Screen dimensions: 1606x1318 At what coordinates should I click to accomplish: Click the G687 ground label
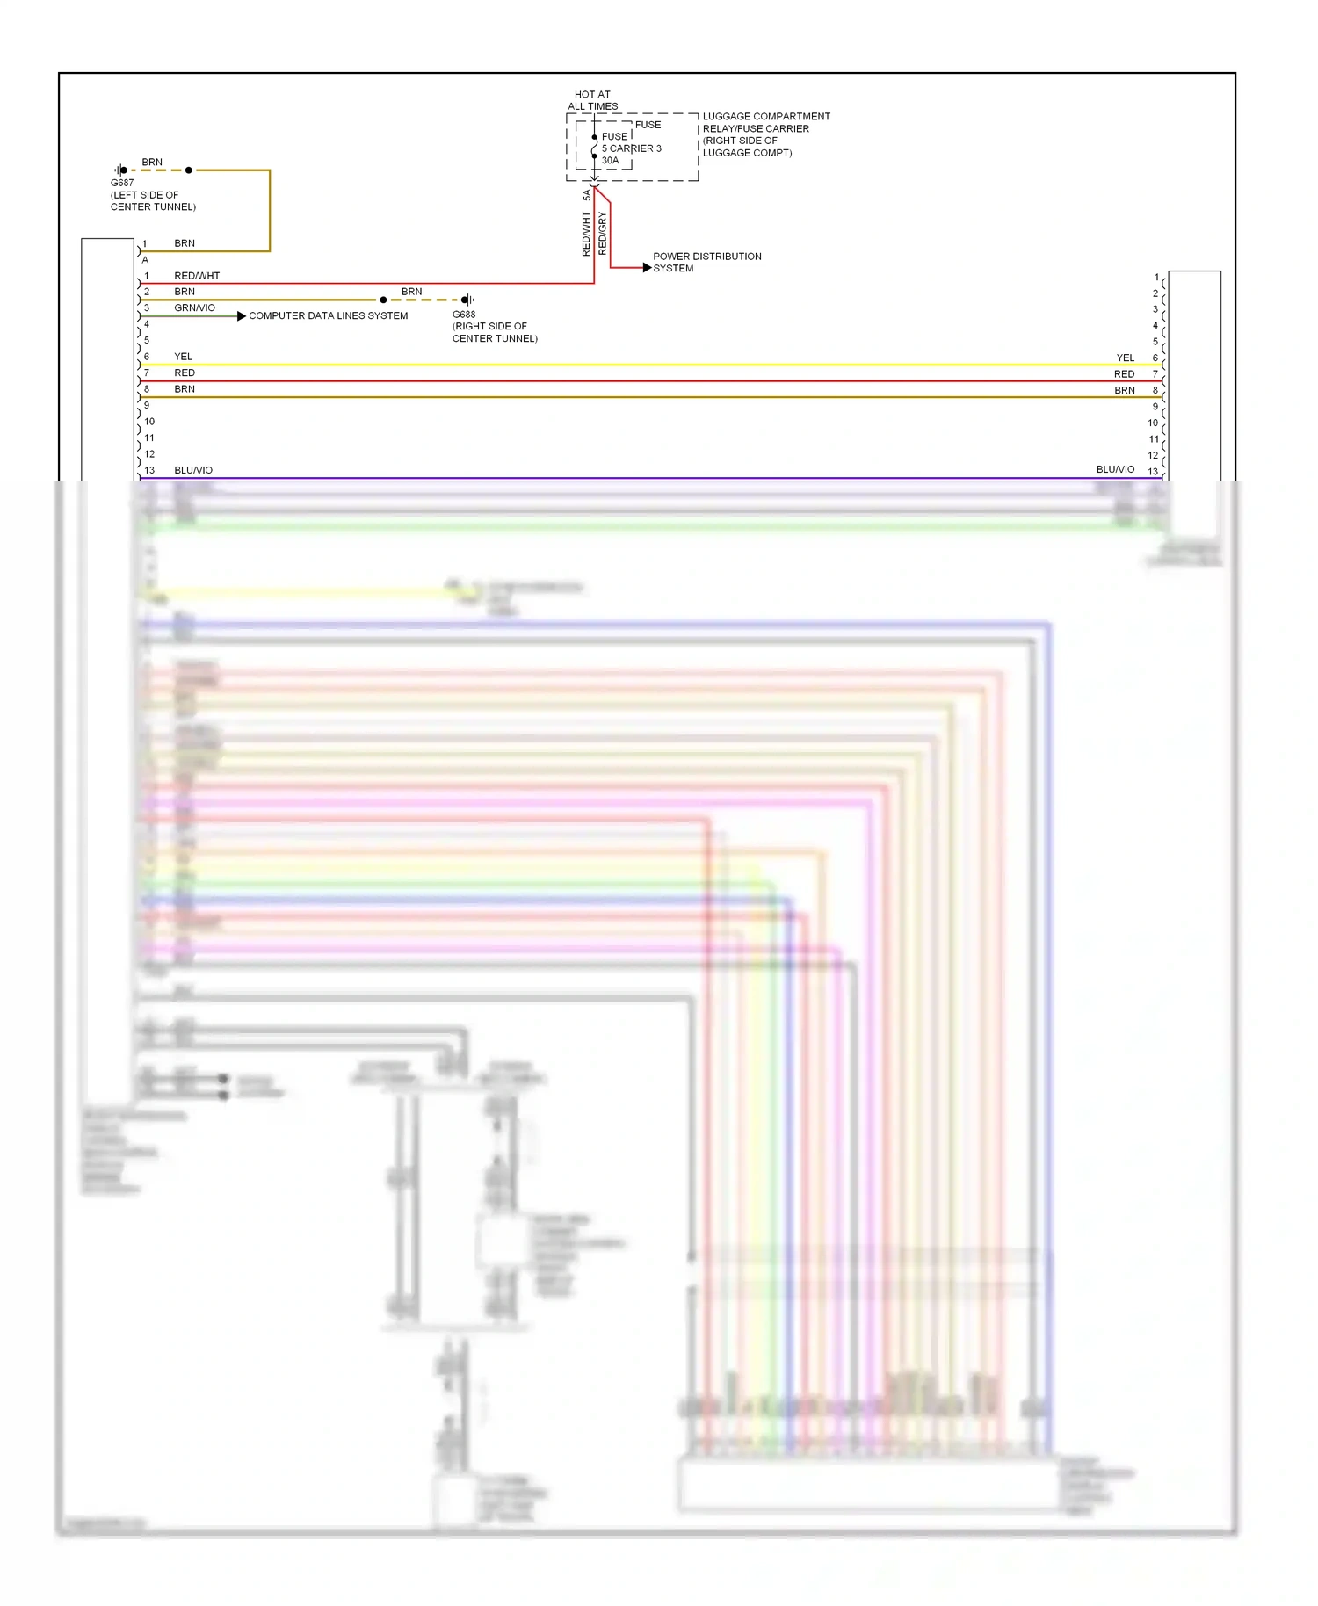pos(122,183)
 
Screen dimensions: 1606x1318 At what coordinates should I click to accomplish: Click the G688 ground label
pos(464,314)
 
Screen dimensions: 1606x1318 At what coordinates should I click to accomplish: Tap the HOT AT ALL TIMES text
pos(592,100)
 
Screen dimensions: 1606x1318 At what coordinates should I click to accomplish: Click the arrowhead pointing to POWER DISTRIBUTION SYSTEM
pos(647,267)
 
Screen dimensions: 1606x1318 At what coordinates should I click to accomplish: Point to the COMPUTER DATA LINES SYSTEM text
pos(328,315)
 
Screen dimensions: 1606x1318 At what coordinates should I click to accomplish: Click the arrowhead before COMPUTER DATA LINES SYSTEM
pos(241,315)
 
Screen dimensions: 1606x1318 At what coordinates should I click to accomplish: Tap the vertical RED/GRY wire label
pos(602,234)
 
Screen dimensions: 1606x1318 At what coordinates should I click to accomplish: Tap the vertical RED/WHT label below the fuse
pos(585,234)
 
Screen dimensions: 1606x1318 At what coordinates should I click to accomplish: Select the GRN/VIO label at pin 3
pos(194,307)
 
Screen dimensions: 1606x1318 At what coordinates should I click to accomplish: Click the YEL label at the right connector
pos(1125,358)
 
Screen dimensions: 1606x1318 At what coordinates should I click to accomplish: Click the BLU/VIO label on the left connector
pos(193,470)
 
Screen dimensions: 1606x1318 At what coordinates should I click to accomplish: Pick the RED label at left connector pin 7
pos(185,373)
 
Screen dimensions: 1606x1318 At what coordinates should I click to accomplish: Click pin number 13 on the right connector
pos(1153,472)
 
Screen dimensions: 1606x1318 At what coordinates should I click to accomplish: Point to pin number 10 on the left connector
pos(149,422)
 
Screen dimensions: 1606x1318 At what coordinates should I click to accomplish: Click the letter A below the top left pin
pos(145,260)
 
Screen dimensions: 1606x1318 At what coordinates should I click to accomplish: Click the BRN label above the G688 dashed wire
pos(411,292)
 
